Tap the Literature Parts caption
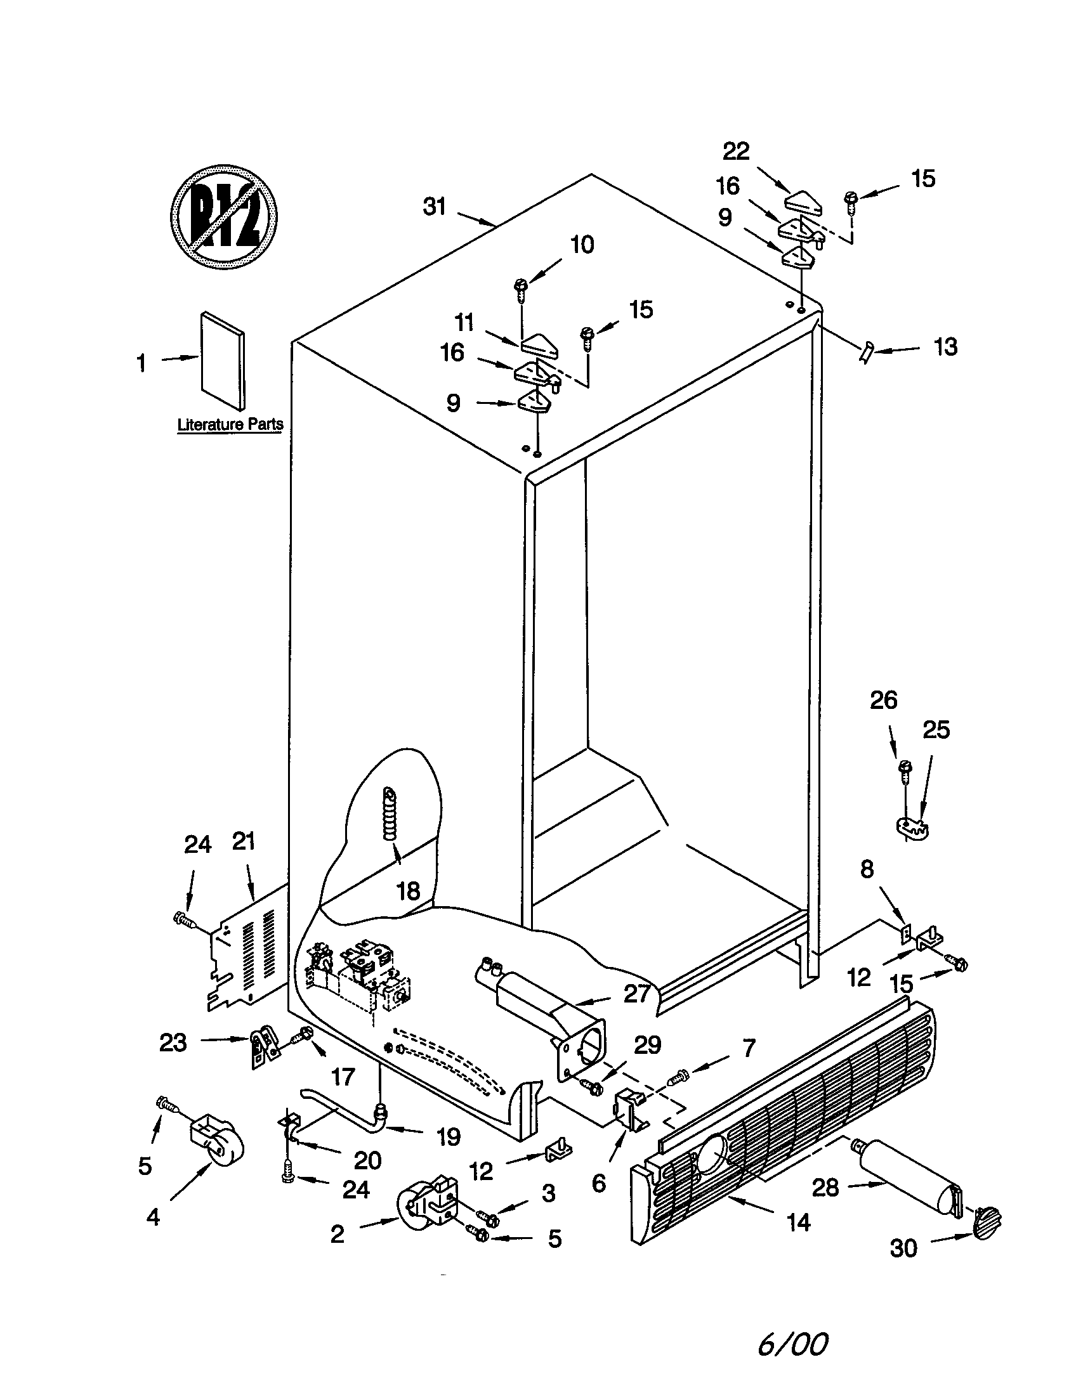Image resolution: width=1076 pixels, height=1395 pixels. [230, 424]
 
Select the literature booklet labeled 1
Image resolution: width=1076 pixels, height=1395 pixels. [222, 361]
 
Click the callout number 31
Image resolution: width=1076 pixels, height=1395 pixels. [435, 207]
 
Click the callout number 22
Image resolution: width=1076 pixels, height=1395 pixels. [735, 152]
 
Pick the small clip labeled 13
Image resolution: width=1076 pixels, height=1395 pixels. [867, 351]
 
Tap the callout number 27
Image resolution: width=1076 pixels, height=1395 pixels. [636, 993]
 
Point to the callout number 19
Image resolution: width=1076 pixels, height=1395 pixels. [449, 1136]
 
